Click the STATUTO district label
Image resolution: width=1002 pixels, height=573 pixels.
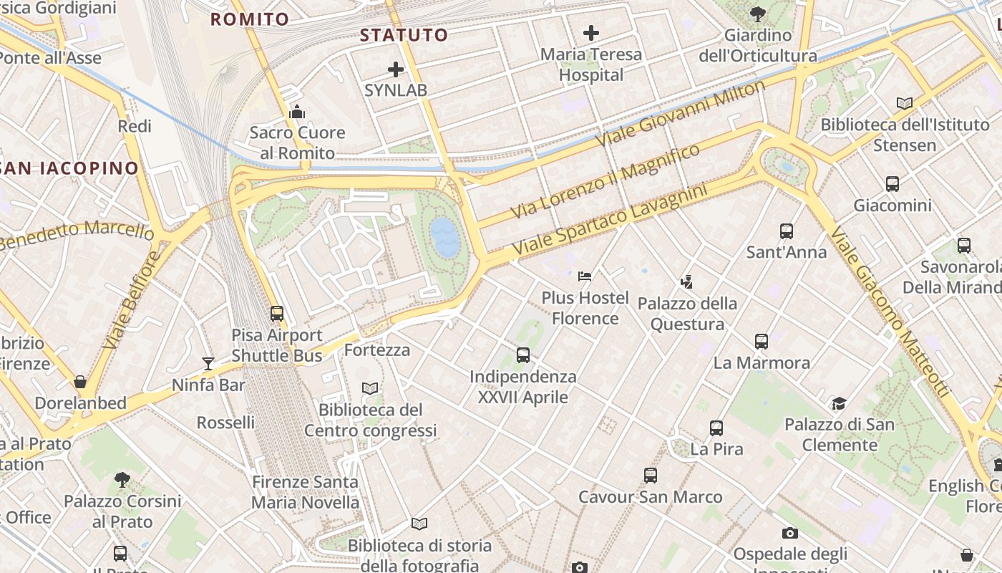click(x=404, y=35)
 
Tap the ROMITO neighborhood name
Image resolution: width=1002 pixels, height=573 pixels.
click(x=250, y=19)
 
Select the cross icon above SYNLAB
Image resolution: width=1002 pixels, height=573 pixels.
click(x=396, y=69)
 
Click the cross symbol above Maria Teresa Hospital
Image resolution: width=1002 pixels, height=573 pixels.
click(x=591, y=33)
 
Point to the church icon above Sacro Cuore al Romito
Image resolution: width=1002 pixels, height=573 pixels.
click(x=297, y=112)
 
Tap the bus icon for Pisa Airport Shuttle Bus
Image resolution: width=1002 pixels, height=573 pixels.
click(x=277, y=314)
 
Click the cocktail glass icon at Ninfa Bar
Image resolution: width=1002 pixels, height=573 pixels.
click(x=208, y=364)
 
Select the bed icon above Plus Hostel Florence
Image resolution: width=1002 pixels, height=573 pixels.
click(x=585, y=276)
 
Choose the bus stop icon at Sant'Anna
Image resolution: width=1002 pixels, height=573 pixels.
click(x=787, y=231)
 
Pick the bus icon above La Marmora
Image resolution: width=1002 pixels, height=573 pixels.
click(x=762, y=342)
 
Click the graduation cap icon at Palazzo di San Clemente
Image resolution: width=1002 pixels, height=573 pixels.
click(x=839, y=404)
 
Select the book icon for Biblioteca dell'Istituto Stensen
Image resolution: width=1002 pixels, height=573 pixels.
click(x=905, y=103)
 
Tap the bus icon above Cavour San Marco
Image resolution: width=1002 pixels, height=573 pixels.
click(x=651, y=476)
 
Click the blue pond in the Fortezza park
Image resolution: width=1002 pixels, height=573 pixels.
click(x=444, y=237)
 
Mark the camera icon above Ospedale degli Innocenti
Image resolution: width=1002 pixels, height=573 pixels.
click(x=790, y=533)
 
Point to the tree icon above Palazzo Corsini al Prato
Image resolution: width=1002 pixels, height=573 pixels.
click(x=122, y=479)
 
